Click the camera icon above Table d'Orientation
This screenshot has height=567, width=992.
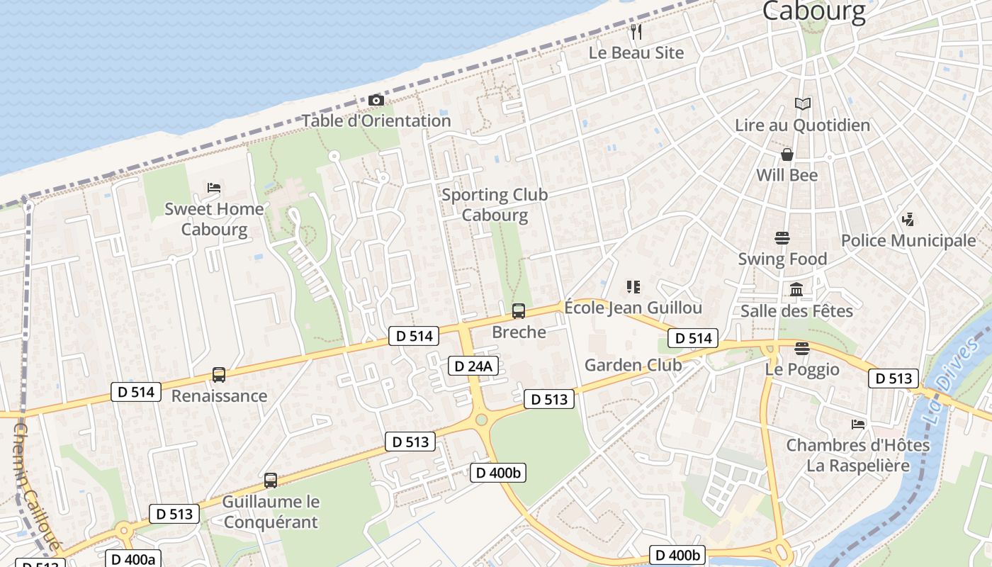coord(376,101)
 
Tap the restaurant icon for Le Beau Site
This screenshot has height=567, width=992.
coord(636,32)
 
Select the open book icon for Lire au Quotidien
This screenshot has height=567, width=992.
coord(802,104)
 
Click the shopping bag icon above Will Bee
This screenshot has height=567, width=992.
coord(787,155)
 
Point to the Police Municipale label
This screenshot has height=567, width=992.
coord(908,240)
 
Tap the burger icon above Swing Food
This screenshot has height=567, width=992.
coord(782,237)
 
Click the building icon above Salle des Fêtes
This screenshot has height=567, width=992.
coord(796,289)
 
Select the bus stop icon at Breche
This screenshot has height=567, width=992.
coord(519,310)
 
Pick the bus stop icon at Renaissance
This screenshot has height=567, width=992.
coord(219,375)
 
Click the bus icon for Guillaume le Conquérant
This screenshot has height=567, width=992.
coord(271,481)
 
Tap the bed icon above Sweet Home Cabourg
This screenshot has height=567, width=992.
coord(214,188)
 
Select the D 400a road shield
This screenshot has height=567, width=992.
coord(133,558)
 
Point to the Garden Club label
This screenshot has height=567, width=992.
coord(633,365)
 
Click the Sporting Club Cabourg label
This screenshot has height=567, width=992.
coord(495,205)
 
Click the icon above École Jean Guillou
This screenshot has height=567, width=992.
coord(633,287)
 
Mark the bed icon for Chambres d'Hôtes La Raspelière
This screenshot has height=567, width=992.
coord(858,425)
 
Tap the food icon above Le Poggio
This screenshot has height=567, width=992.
coord(802,348)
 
